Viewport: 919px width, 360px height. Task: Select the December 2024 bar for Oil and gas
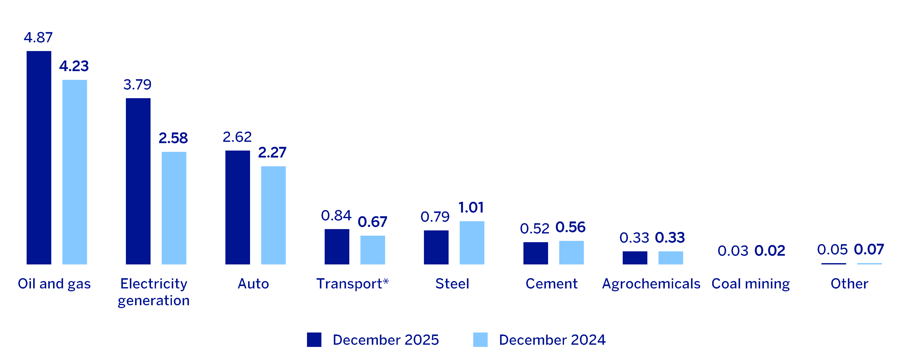75,172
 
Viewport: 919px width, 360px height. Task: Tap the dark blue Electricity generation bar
138,181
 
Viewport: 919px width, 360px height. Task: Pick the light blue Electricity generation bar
174,208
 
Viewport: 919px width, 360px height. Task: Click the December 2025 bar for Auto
238,207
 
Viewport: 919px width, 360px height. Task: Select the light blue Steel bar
472,243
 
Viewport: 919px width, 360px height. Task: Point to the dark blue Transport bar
337,247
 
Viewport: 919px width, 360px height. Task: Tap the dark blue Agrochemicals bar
635,258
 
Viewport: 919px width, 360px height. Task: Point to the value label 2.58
173,138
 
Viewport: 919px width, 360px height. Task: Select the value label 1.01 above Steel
471,207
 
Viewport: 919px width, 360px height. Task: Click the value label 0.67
372,222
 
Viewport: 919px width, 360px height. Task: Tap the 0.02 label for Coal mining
770,251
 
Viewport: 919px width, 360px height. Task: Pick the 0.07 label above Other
869,249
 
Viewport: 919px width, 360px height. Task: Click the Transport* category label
352,284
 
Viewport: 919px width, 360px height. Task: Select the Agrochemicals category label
651,284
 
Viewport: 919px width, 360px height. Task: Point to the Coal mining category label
751,284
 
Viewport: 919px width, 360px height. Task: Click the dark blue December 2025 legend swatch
314,340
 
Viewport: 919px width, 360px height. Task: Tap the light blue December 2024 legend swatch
480,340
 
